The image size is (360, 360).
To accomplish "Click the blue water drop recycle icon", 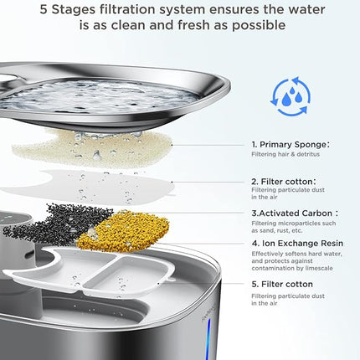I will point(289,97).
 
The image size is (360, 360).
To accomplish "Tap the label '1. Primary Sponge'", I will point(285,144).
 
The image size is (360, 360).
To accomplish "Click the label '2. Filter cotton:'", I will point(282,180).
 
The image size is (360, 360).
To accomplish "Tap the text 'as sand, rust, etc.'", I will point(275,229).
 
